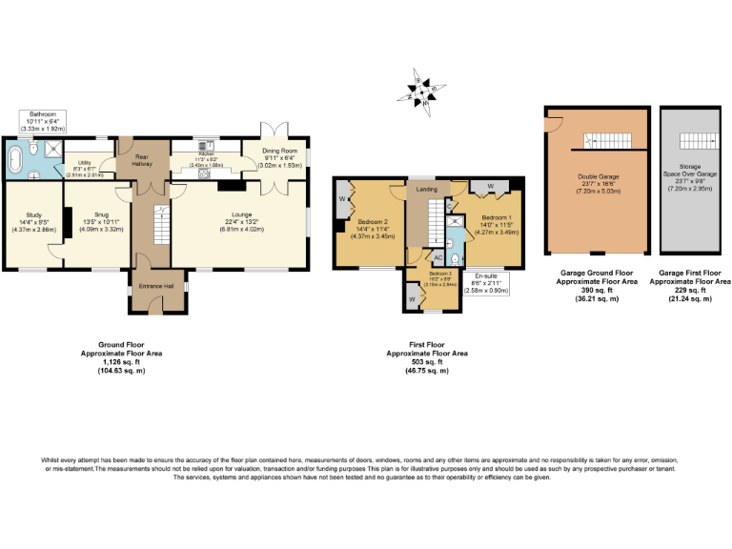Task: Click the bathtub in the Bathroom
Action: point(16,159)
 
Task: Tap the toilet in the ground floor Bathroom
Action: point(34,150)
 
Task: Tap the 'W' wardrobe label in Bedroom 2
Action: point(342,199)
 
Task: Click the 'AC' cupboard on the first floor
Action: point(437,258)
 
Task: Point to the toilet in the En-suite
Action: point(457,258)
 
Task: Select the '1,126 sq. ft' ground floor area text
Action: point(121,361)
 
